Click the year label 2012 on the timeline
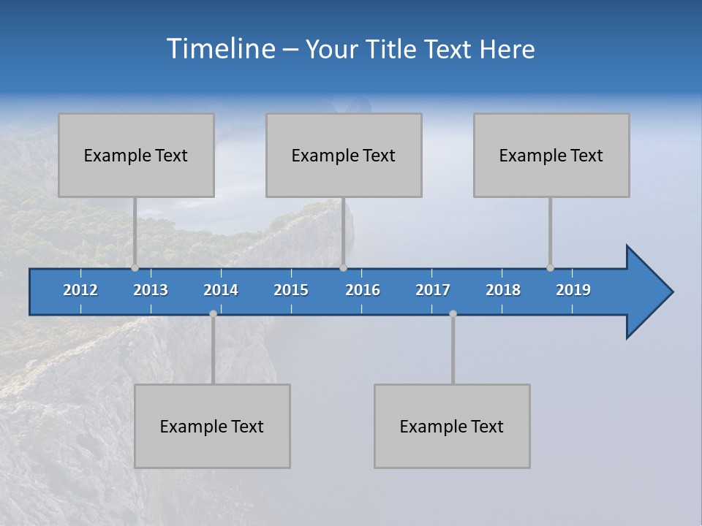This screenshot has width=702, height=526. click(80, 290)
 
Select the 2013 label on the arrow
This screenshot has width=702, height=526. click(151, 290)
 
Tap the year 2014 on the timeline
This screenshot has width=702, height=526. click(221, 290)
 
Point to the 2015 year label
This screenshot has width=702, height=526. click(291, 290)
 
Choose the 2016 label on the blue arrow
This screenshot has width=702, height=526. click(363, 290)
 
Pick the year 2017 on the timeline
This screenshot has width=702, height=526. click(433, 290)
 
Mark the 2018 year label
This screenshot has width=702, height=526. click(503, 290)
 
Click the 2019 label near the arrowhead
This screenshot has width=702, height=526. click(573, 290)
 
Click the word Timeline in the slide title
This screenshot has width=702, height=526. click(219, 49)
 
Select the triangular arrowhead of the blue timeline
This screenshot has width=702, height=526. click(648, 292)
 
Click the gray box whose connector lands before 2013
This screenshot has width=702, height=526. click(136, 155)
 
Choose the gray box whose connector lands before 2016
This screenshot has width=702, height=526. click(344, 155)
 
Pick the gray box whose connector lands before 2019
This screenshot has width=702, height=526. click(551, 155)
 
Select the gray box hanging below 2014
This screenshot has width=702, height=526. click(212, 426)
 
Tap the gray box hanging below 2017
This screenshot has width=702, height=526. click(452, 426)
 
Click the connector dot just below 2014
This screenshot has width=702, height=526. click(213, 313)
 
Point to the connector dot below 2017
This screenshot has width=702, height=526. click(453, 313)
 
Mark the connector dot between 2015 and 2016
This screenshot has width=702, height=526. click(343, 267)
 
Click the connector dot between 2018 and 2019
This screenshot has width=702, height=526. click(550, 267)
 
